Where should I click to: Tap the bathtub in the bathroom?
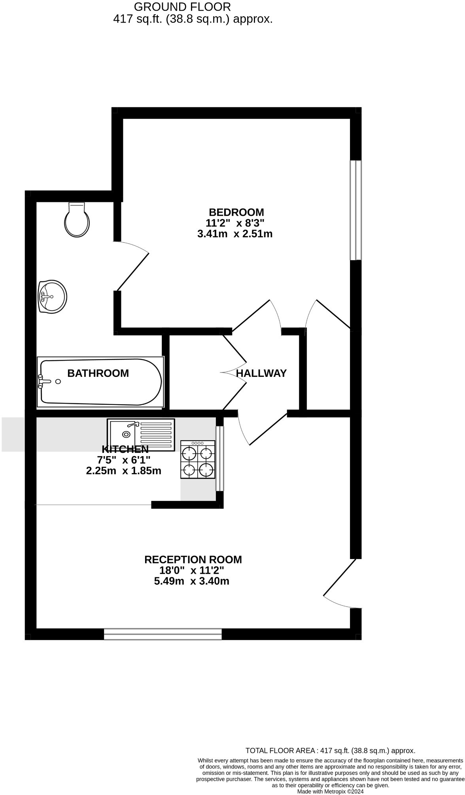(100, 382)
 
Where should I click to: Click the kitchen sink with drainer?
(141, 435)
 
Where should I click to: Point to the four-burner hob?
(198, 460)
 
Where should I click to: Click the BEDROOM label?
(236, 212)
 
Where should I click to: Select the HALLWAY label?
(261, 373)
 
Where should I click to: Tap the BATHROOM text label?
(98, 373)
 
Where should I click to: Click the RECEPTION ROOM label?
(193, 559)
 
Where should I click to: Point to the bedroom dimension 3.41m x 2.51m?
(235, 234)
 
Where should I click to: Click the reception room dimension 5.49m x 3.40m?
(192, 581)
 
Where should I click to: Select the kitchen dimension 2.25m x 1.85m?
(124, 471)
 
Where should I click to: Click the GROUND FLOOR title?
(182, 7)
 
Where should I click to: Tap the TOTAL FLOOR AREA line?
(330, 750)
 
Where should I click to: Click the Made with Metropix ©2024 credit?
(330, 791)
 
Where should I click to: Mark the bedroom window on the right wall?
(355, 210)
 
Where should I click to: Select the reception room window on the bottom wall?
(163, 634)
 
